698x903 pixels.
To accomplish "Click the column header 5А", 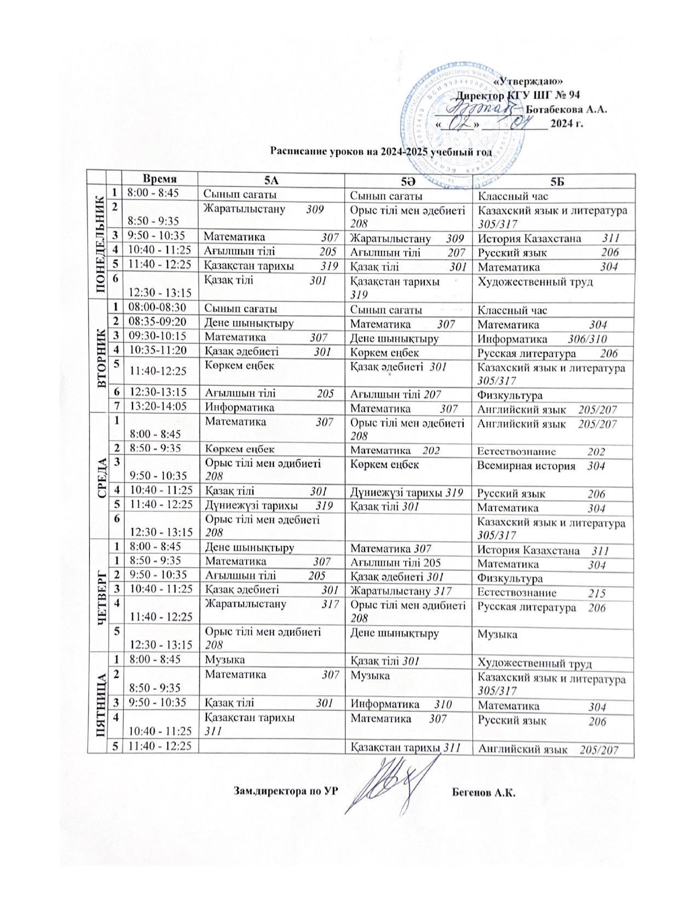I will pos(271,180).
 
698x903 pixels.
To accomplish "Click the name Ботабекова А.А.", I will pos(567,109).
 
